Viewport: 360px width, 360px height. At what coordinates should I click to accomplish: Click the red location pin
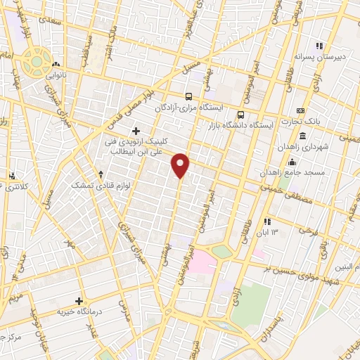click(x=181, y=165)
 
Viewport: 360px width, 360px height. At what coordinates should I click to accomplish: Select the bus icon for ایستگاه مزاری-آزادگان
click(x=188, y=96)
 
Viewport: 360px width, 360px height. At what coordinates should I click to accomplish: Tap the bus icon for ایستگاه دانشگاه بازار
click(x=241, y=115)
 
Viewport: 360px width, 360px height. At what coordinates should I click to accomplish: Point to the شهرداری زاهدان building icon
click(x=302, y=136)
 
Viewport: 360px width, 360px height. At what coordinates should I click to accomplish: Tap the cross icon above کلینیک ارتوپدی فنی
click(x=136, y=131)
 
